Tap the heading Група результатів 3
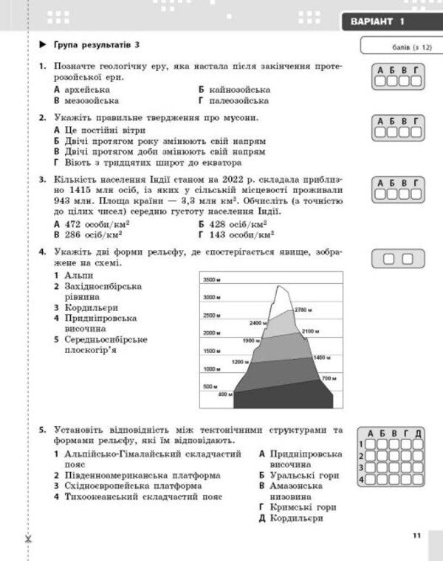pos(96,46)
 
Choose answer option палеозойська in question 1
pos(233,100)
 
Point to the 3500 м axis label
pos(213,279)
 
